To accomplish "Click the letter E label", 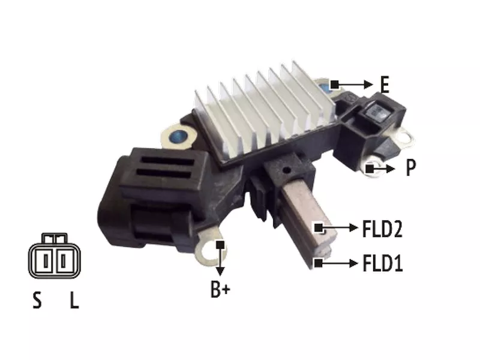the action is click(x=385, y=85).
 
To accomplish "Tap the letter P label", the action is click(x=411, y=167).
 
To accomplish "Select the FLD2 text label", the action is click(x=382, y=229).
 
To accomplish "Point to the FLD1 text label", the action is click(x=382, y=263).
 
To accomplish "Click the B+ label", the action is click(x=220, y=289).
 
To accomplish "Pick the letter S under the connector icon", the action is click(x=37, y=301).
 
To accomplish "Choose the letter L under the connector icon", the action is click(x=74, y=301).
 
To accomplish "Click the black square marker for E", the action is click(x=335, y=84).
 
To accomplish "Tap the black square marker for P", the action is click(x=370, y=169).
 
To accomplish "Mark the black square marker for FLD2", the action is click(x=319, y=228).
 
